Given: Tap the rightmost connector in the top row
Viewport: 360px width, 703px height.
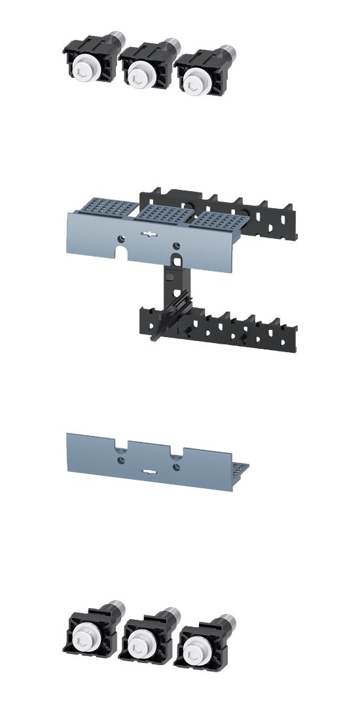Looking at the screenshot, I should click(x=197, y=71).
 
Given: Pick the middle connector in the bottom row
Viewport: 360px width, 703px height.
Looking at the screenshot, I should click(x=145, y=636).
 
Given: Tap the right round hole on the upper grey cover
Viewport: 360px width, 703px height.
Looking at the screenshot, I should click(x=176, y=245).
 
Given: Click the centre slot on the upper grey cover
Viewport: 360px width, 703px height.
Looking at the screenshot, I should click(x=150, y=235).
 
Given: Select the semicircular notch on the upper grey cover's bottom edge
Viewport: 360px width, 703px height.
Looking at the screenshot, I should click(x=122, y=251).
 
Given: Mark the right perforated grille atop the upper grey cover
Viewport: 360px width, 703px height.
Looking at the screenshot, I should click(x=218, y=219).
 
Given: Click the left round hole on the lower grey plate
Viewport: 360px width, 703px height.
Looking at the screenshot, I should click(x=122, y=460).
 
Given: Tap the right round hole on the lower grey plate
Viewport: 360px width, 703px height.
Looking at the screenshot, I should click(x=176, y=466).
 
